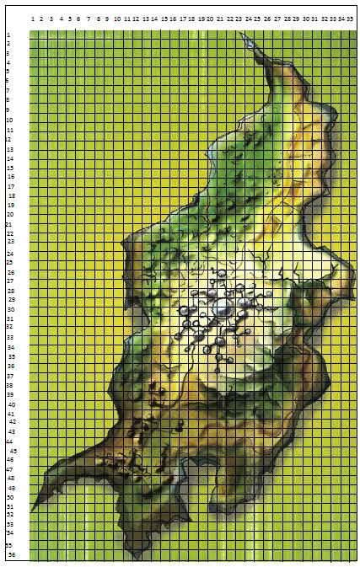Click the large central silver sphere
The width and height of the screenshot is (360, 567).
pyautogui.click(x=223, y=310)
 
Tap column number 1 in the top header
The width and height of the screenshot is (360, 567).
pyautogui.click(x=33, y=18)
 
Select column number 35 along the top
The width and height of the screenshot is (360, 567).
pyautogui.click(x=350, y=18)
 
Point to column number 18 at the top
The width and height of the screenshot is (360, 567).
pyautogui.click(x=192, y=18)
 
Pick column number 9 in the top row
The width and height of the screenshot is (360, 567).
pyautogui.click(x=107, y=18)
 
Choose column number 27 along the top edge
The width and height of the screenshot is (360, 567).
pyautogui.click(x=276, y=18)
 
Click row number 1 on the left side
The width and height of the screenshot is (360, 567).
pyautogui.click(x=8, y=35)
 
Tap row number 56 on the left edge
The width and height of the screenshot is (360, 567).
pyautogui.click(x=11, y=555)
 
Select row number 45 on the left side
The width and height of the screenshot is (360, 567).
pyautogui.click(x=13, y=452)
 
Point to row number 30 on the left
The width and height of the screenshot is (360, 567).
pyautogui.click(x=10, y=309)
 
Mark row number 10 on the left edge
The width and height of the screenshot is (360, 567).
pyautogui.click(x=8, y=120)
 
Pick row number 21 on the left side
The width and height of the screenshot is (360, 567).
pyautogui.click(x=9, y=224)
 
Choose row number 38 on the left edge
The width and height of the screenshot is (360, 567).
pyautogui.click(x=10, y=385)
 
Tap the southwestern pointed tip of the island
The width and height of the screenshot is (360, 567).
pyautogui.click(x=31, y=511)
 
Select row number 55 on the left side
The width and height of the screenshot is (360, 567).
pyautogui.click(x=8, y=544)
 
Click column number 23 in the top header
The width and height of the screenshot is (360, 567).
pyautogui.click(x=239, y=18)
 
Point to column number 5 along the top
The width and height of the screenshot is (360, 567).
pyautogui.click(x=70, y=18)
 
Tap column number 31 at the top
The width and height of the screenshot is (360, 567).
pyautogui.click(x=313, y=18)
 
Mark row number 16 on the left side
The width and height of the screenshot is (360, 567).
pyautogui.click(x=9, y=177)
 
